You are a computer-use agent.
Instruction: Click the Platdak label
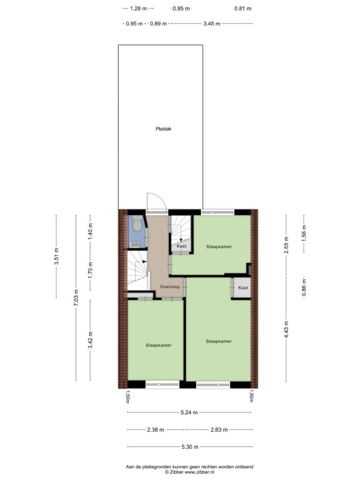[x=164, y=129]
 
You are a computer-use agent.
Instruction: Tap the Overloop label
[x=170, y=287]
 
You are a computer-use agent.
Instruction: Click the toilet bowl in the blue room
[x=137, y=224]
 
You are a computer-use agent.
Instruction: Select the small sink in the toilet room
[x=134, y=244]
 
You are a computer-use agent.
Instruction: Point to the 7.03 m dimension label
[x=76, y=298]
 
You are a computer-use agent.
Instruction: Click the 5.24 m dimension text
[x=189, y=412]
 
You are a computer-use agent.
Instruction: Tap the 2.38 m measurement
[x=156, y=430]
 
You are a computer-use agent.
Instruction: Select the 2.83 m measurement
[x=219, y=430]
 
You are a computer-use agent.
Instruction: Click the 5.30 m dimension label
[x=190, y=447]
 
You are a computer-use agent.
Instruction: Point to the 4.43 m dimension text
[x=286, y=330]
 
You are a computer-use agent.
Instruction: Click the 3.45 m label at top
[x=211, y=23]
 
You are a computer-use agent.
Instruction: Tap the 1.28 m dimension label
[x=138, y=8]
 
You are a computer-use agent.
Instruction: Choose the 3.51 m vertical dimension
[x=56, y=256]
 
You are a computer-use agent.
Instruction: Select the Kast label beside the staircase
[x=181, y=246]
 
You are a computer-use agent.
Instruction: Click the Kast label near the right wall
[x=243, y=288]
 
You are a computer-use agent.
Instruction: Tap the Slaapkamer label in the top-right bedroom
[x=219, y=247]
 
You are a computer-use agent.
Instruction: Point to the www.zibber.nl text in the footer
[x=199, y=472]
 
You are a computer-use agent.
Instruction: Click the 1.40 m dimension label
[x=90, y=232]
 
